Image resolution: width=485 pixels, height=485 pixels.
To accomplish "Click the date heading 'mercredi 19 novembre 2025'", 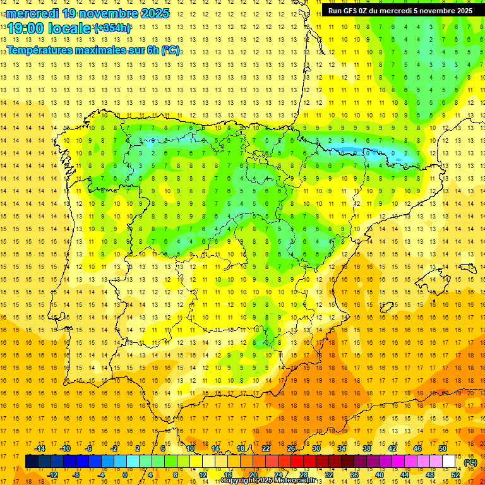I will click(88, 13).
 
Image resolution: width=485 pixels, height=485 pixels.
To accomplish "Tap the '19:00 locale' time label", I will click(49, 28).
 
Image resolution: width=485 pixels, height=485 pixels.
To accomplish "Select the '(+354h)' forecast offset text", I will click(112, 28).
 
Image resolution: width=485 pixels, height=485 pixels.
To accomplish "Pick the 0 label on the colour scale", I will click(125, 475).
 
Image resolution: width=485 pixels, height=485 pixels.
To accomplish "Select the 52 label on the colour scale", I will click(455, 475).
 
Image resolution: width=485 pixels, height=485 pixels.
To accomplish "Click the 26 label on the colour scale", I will click(291, 448).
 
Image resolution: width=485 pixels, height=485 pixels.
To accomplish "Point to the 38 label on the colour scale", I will click(367, 448).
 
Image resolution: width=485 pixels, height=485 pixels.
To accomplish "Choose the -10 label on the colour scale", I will click(64, 448).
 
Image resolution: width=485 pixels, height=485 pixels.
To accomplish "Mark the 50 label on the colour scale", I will click(443, 448).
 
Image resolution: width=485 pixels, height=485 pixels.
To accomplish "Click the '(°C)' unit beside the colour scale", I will click(470, 462).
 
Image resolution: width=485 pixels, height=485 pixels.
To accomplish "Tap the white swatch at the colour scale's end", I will click(449, 462).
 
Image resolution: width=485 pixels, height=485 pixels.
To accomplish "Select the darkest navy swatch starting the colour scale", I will click(32, 462).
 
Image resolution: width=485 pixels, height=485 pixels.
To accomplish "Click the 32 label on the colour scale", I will click(329, 475).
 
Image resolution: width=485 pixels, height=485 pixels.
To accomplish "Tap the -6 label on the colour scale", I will click(90, 448).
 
